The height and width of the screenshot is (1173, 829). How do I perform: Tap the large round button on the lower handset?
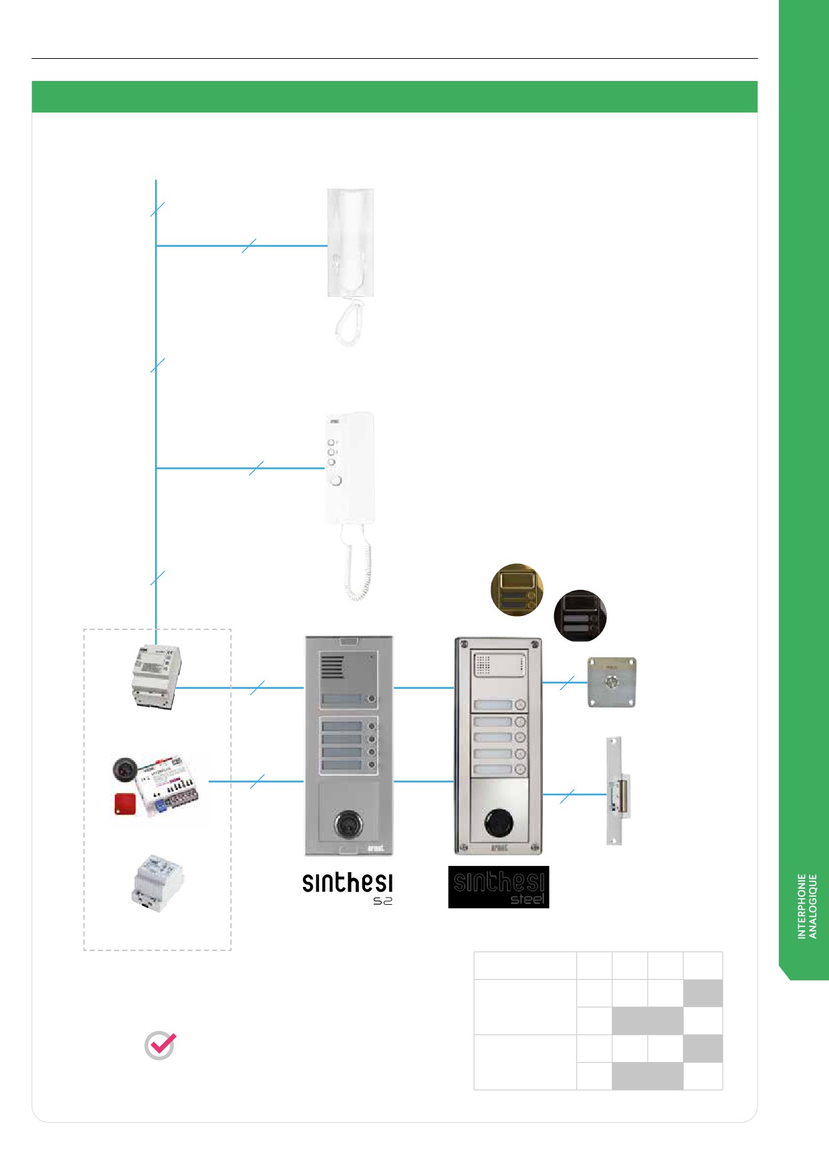pyautogui.click(x=336, y=481)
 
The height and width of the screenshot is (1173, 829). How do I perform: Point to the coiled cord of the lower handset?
pyautogui.click(x=357, y=562)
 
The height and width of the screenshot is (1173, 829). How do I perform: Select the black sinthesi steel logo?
pyautogui.click(x=498, y=887)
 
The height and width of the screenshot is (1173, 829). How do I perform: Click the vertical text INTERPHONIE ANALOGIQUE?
pyautogui.click(x=808, y=905)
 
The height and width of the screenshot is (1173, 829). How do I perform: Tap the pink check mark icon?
pyautogui.click(x=160, y=1045)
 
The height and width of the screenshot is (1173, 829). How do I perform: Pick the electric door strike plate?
pyautogui.click(x=618, y=791)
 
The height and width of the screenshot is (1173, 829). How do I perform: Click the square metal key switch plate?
pyautogui.click(x=611, y=682)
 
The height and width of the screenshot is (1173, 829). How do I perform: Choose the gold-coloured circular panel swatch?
pyautogui.click(x=517, y=589)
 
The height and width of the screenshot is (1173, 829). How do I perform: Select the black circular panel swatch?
pyautogui.click(x=580, y=615)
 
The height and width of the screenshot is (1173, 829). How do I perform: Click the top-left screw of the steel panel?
pyautogui.click(x=464, y=645)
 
